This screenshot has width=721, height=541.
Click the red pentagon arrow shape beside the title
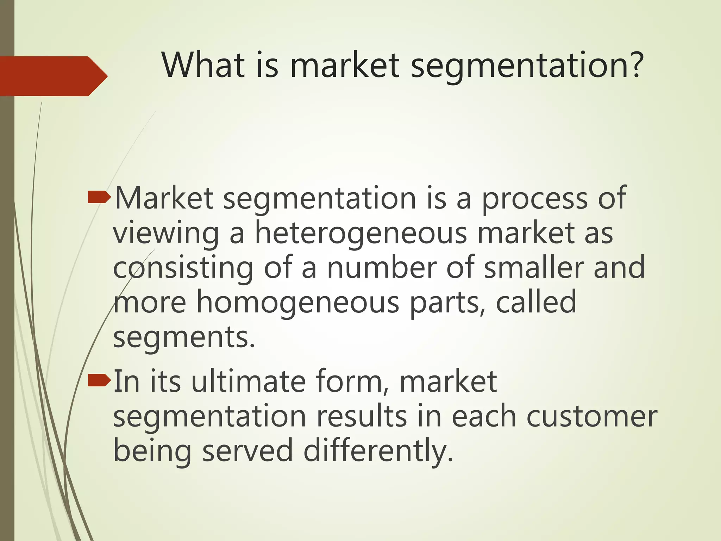click(x=53, y=76)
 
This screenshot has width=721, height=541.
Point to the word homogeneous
click(x=297, y=302)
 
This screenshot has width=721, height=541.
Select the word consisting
click(x=183, y=268)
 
